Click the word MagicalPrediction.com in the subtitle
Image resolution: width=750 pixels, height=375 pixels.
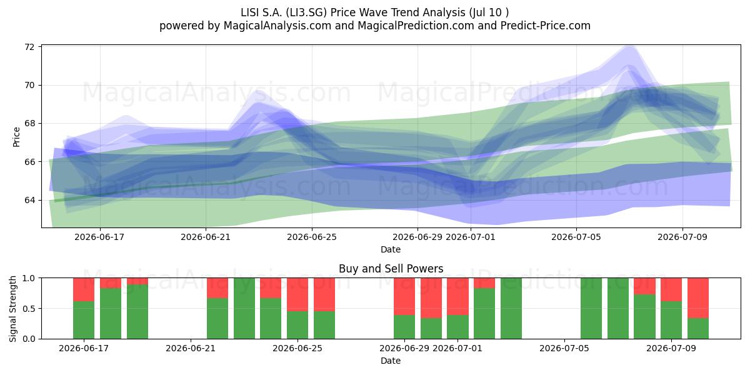[x=416, y=26]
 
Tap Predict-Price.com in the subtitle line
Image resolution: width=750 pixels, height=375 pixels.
[x=546, y=26]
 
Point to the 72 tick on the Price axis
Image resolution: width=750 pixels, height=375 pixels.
[x=29, y=47]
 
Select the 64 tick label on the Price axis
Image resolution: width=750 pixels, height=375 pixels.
[x=29, y=200]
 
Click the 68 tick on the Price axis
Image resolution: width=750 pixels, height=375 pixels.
[x=29, y=124]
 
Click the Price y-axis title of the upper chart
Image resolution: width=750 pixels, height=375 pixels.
[x=16, y=137]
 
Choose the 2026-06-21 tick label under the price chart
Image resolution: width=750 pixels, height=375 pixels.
[x=206, y=237]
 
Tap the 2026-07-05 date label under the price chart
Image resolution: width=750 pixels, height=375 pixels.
[x=576, y=237]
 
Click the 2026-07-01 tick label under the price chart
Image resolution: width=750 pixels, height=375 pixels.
[x=471, y=237]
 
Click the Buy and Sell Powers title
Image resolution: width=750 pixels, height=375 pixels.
[x=391, y=269]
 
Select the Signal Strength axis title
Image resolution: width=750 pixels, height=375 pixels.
[x=12, y=309]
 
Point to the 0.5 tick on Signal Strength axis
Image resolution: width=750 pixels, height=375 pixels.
[x=29, y=308]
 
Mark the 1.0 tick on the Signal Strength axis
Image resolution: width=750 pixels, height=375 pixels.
[x=29, y=278]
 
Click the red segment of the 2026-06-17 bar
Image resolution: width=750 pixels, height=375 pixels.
[x=84, y=289]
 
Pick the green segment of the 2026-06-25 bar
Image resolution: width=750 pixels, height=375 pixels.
[x=324, y=325]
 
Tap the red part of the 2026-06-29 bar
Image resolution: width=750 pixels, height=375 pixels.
[x=404, y=296]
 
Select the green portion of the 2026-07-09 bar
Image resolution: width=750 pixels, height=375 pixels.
[x=671, y=320]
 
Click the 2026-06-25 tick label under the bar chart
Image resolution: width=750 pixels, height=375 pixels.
[x=297, y=348]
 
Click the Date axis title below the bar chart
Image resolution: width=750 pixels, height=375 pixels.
[x=391, y=361]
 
